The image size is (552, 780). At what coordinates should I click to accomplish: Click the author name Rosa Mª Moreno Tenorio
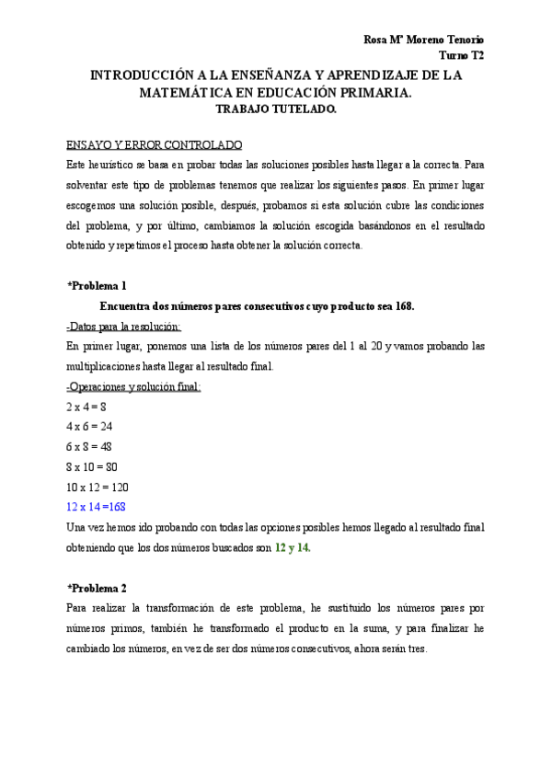click(423, 40)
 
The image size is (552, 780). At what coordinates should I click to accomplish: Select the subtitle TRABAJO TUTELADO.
click(276, 109)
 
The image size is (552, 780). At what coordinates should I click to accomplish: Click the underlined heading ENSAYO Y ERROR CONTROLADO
click(155, 145)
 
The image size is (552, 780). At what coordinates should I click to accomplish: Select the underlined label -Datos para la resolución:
click(124, 326)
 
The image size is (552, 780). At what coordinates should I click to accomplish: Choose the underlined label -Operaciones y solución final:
click(133, 386)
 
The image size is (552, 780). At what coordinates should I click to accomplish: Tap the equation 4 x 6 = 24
click(90, 426)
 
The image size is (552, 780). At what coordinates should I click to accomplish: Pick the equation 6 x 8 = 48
click(90, 446)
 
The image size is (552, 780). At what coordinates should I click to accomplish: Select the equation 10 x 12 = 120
click(98, 487)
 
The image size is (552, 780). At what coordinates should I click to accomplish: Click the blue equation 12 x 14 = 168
click(96, 507)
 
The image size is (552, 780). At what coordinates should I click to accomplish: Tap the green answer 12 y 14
click(293, 547)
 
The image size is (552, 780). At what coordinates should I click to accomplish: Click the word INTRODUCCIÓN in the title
click(150, 75)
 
